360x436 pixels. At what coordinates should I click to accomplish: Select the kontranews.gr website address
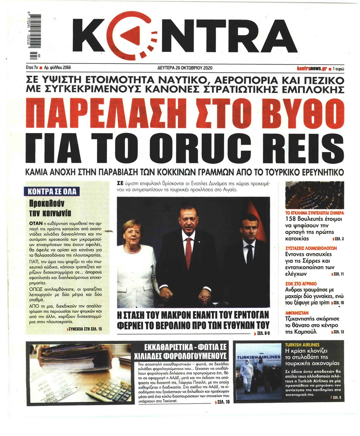coord(312,68)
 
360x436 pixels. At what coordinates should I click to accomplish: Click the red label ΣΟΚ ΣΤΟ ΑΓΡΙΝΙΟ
coord(301,283)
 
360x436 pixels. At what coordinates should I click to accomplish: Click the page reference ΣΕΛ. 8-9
coord(263,334)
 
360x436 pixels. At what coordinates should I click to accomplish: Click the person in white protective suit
coord(246,372)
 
